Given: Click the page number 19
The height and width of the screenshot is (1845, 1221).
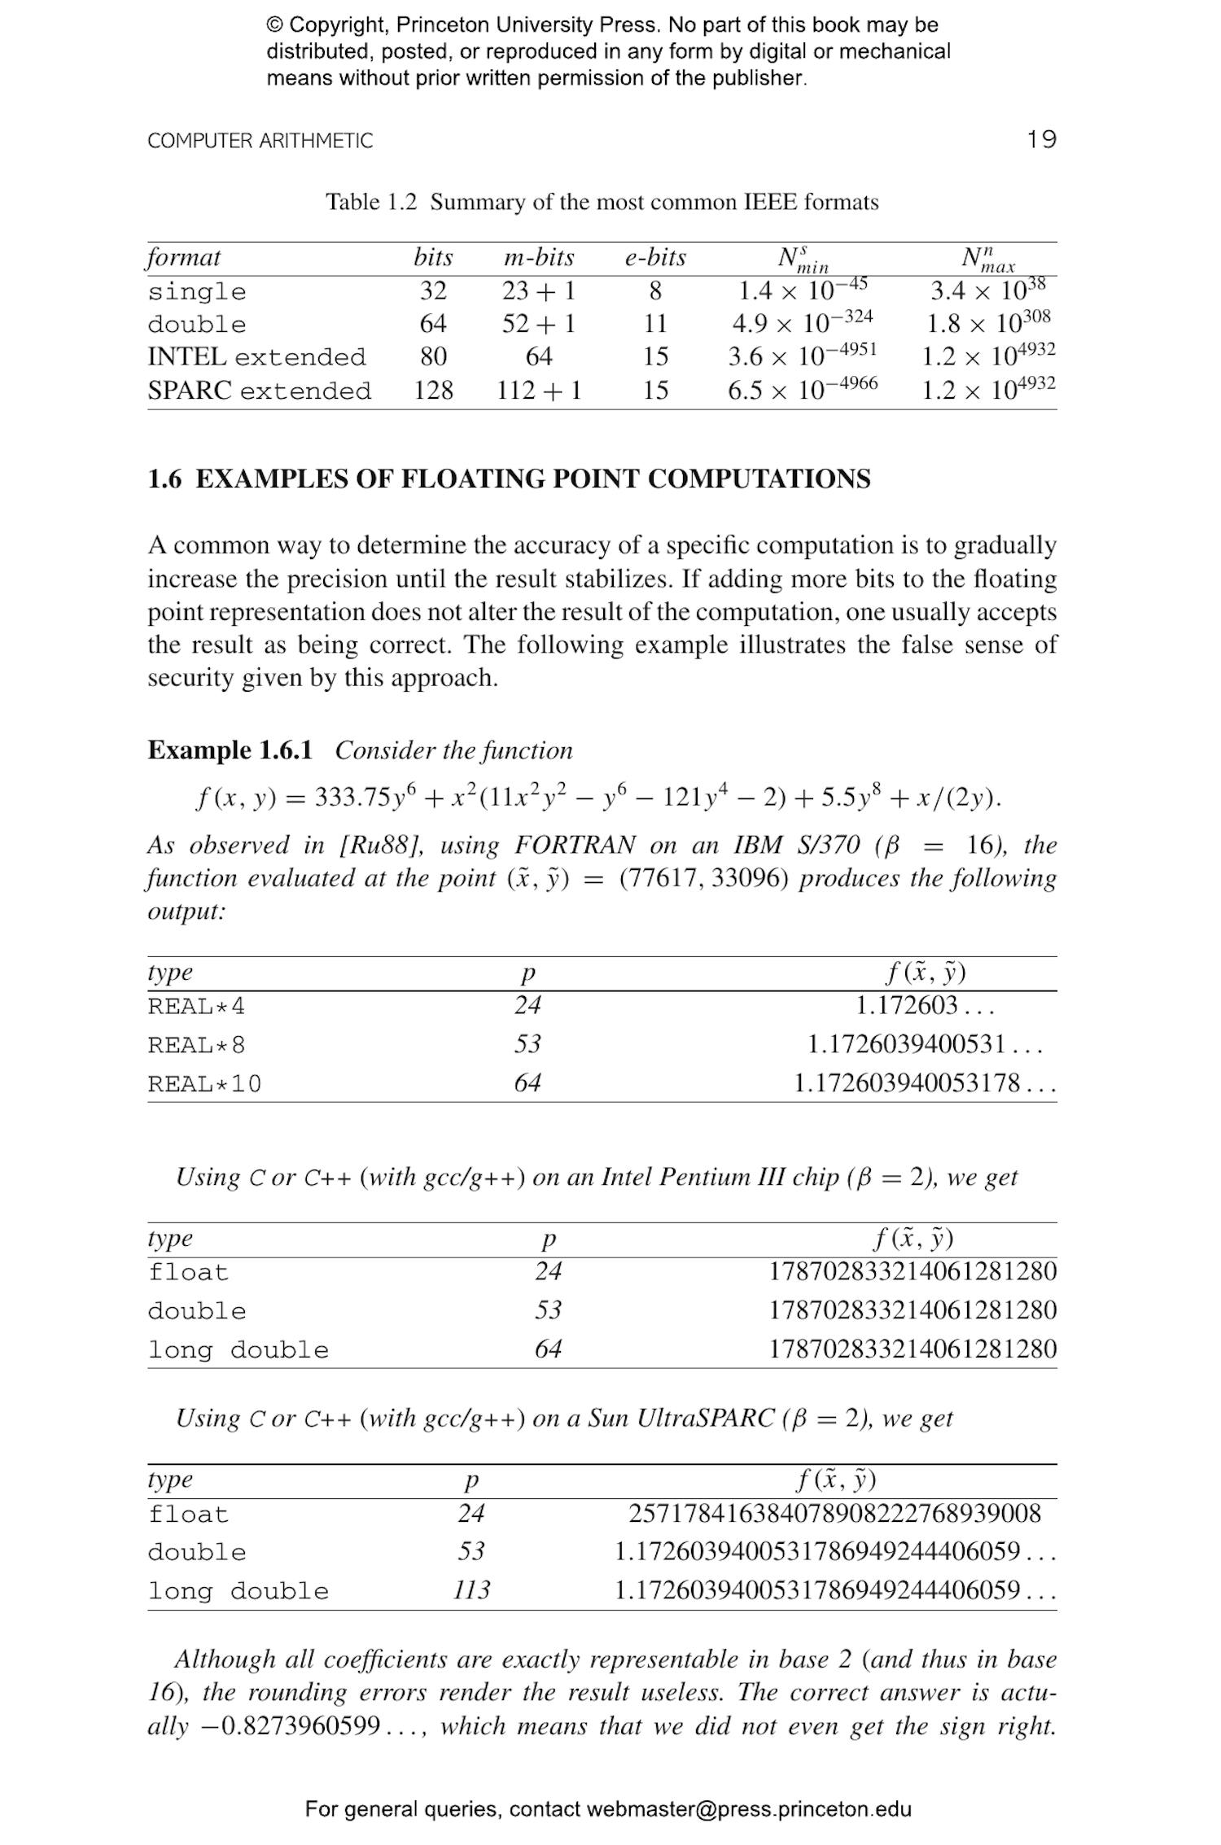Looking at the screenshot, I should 1041,139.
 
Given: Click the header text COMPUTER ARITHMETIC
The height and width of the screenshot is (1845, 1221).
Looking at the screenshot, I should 260,141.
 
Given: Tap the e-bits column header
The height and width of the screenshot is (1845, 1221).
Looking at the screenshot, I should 654,258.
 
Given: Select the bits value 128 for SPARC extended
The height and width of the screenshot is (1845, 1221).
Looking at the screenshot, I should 433,391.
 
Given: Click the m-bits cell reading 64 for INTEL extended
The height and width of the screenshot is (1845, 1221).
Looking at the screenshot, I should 538,356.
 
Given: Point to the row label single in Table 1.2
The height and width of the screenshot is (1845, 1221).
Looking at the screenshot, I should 196,291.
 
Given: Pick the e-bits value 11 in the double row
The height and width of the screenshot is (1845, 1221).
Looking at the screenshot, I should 654,324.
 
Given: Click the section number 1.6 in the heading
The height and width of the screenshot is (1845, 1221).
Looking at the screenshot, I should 164,479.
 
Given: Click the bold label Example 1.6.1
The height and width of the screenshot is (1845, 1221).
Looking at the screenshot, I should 230,750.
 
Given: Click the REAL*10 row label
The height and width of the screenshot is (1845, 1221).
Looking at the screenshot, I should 204,1084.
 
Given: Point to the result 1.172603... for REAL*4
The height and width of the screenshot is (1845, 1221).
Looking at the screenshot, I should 924,1006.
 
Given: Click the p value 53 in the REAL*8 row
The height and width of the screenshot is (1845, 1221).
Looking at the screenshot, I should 527,1044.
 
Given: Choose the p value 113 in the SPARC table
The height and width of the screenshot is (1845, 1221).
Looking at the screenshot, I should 471,1589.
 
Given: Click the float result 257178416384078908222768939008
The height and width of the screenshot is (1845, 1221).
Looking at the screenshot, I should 834,1514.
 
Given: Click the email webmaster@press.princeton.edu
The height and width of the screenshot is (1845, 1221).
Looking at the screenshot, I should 748,1809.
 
